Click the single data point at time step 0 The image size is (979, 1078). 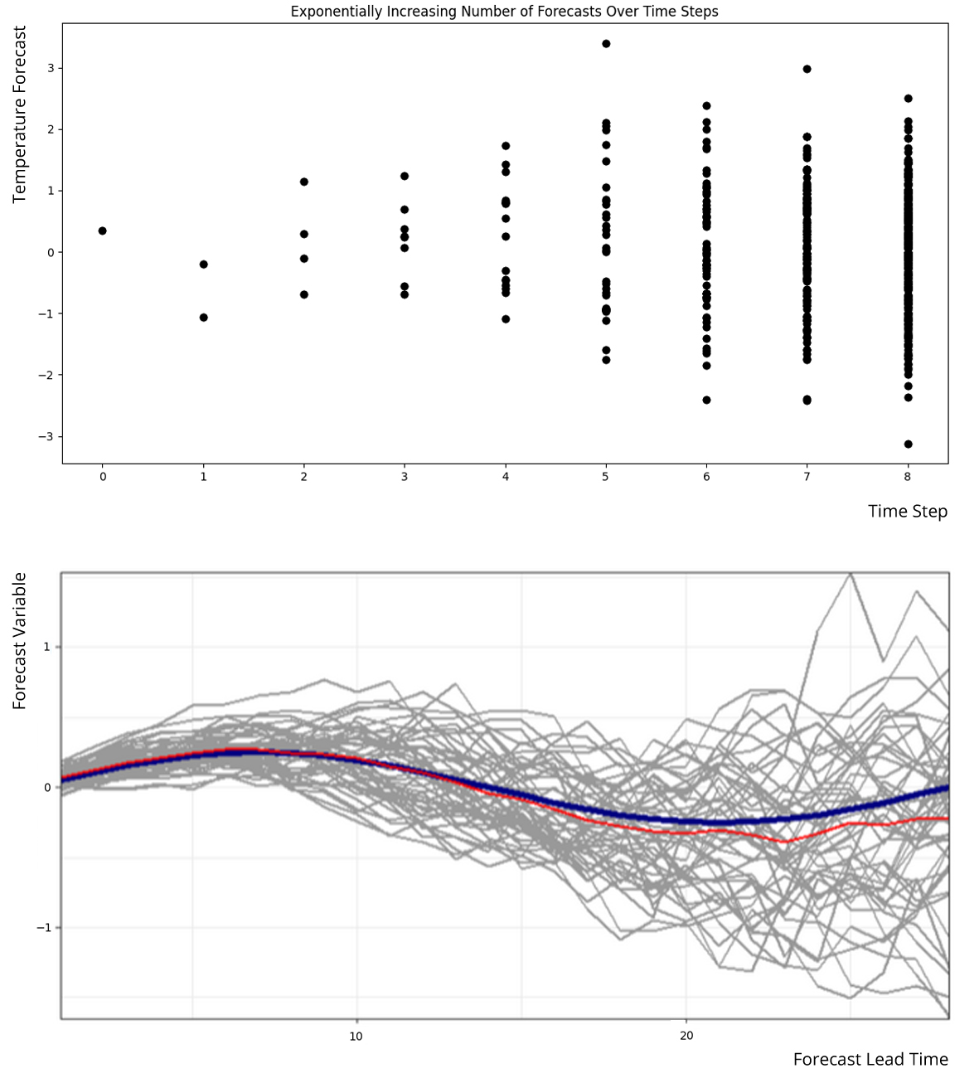(102, 231)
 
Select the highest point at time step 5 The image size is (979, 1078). (606, 44)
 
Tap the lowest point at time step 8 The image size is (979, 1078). (908, 444)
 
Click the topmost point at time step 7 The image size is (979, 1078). (807, 69)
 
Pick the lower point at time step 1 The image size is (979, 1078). (203, 318)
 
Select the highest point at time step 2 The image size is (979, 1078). (304, 182)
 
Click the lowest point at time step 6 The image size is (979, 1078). (706, 400)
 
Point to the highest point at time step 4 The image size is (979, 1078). (506, 146)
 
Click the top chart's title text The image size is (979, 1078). (504, 12)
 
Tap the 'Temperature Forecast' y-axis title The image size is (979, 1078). (20, 114)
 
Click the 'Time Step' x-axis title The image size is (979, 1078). (907, 511)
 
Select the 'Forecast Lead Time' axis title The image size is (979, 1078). (870, 1059)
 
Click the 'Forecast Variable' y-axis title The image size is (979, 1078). (20, 641)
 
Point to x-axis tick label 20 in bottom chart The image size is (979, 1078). (686, 1036)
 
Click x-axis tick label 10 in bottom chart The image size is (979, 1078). (356, 1036)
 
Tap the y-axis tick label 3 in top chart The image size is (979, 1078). (50, 68)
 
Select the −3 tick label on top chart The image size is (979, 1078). (46, 437)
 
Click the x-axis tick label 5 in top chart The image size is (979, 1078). (606, 477)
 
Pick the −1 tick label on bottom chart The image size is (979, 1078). (43, 928)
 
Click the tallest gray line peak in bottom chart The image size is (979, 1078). (850, 573)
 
